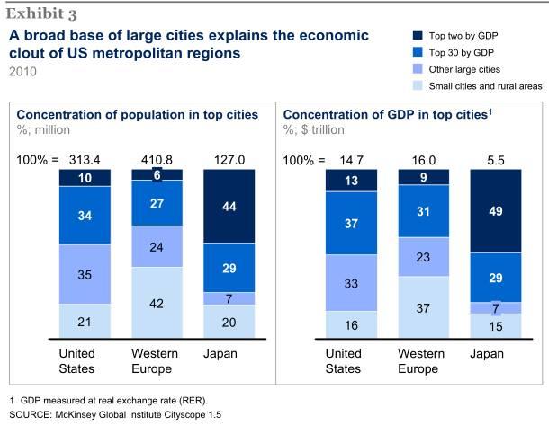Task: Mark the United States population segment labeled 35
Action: [x=85, y=273]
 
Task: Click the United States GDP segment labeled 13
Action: [x=351, y=180]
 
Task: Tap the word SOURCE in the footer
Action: [x=31, y=414]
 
